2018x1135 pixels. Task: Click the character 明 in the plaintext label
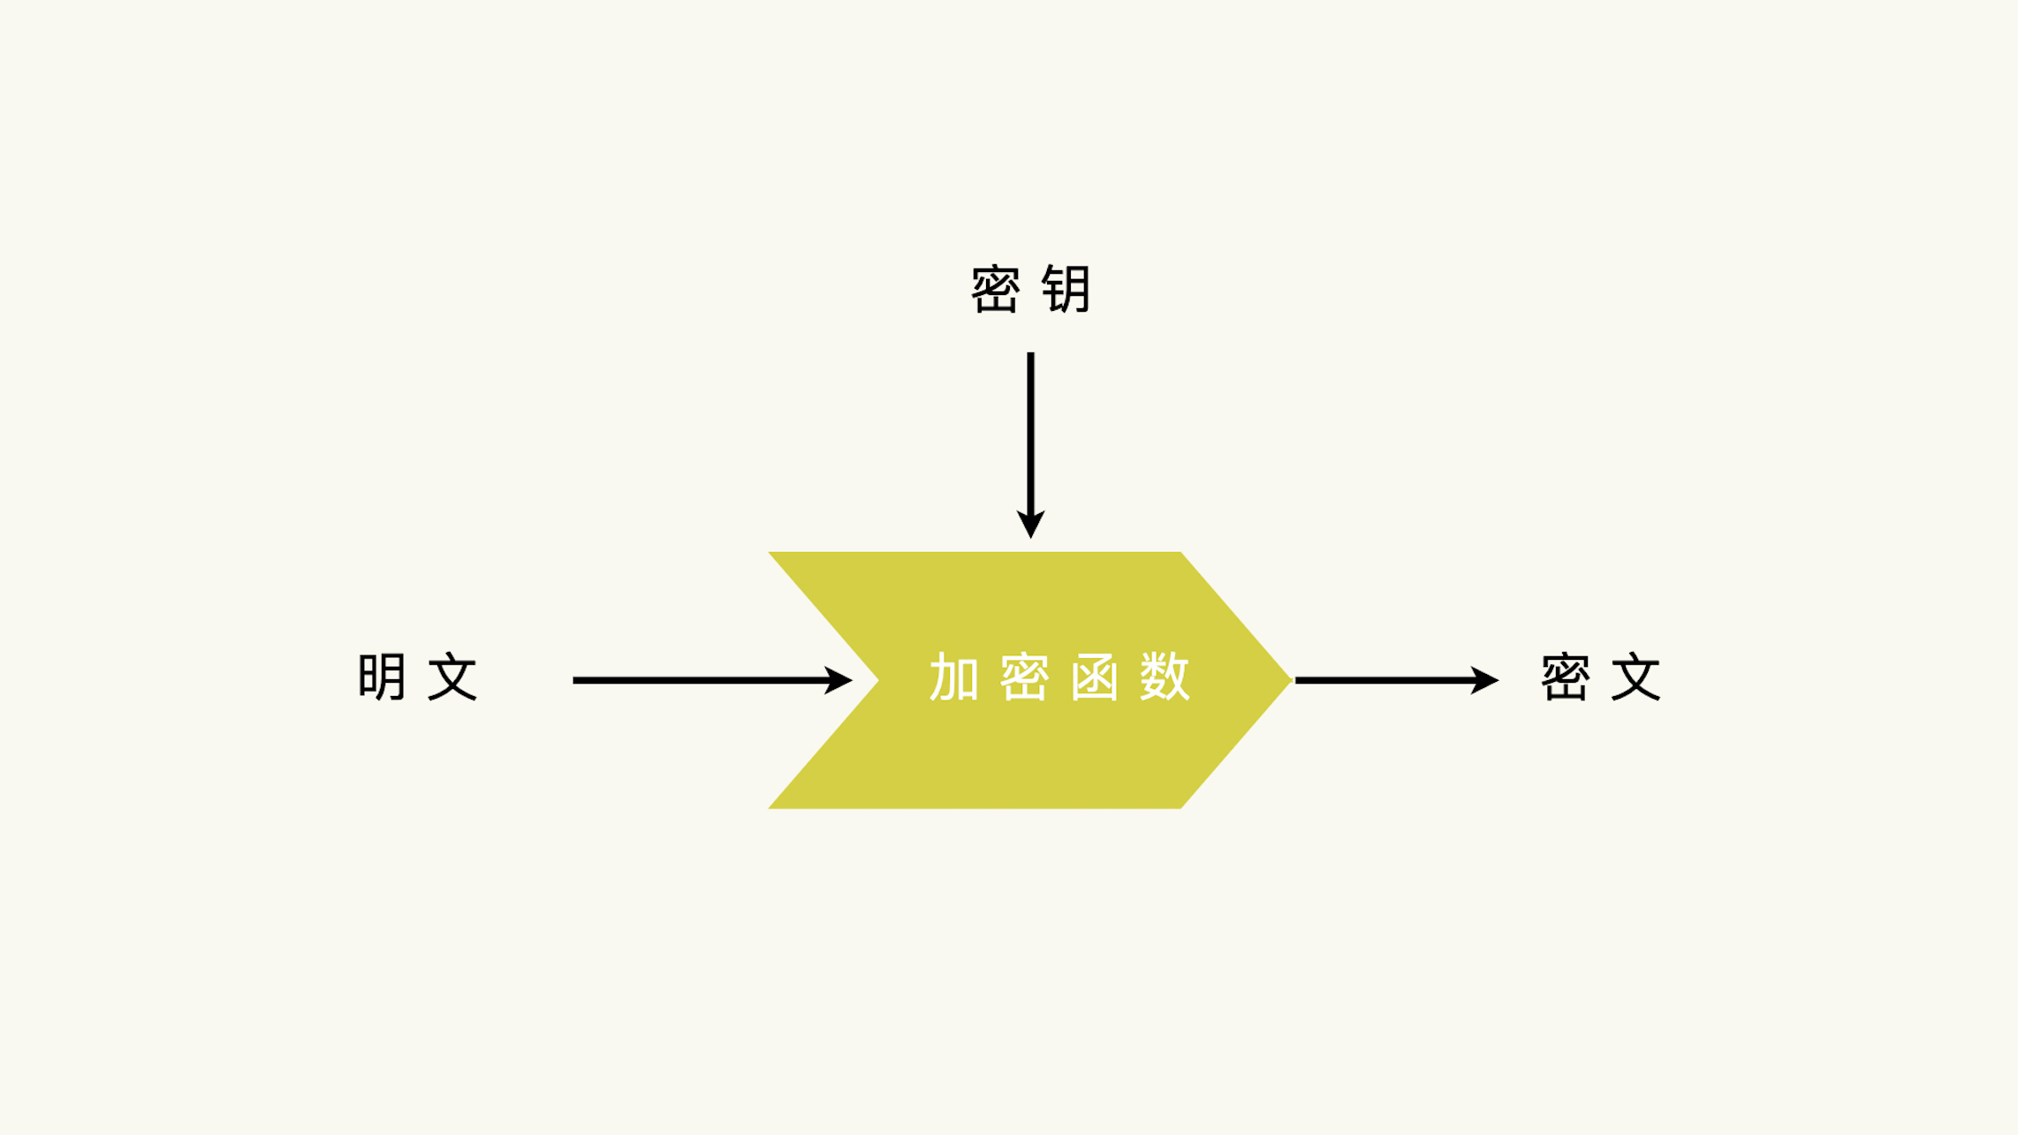pos(382,677)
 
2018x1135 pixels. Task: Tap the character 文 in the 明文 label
pos(452,677)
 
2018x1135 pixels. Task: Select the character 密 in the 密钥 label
pos(996,289)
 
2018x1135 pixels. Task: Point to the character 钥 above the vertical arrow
pos(1066,289)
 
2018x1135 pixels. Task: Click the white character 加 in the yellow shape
pos(954,677)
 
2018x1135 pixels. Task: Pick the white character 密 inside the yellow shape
pos(1024,677)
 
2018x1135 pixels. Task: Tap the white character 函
pos(1095,677)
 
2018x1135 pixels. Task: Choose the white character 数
pos(1165,677)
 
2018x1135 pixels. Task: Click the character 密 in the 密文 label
pos(1565,677)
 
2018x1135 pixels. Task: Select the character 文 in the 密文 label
pos(1635,677)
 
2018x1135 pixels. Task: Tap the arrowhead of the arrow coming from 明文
pos(838,680)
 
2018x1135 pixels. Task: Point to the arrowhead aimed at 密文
pos(1485,680)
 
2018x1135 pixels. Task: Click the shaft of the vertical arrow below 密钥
pos(1030,433)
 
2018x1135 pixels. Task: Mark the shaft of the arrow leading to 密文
pos(1385,680)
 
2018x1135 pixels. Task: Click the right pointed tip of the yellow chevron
pos(1292,680)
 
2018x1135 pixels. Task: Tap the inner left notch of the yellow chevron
pos(878,680)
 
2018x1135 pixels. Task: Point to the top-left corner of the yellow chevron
pos(769,553)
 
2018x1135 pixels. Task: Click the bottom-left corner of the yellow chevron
pos(769,808)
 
